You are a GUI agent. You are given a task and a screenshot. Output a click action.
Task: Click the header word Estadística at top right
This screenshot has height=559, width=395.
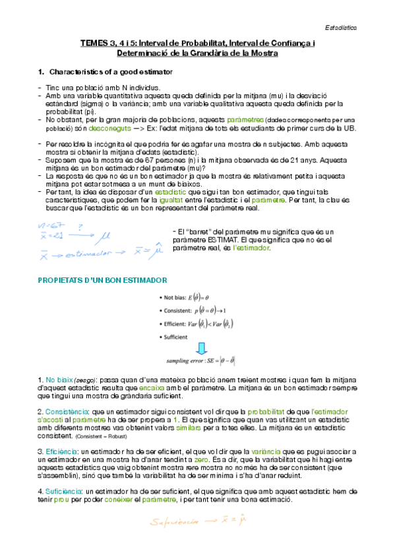click(x=342, y=28)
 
